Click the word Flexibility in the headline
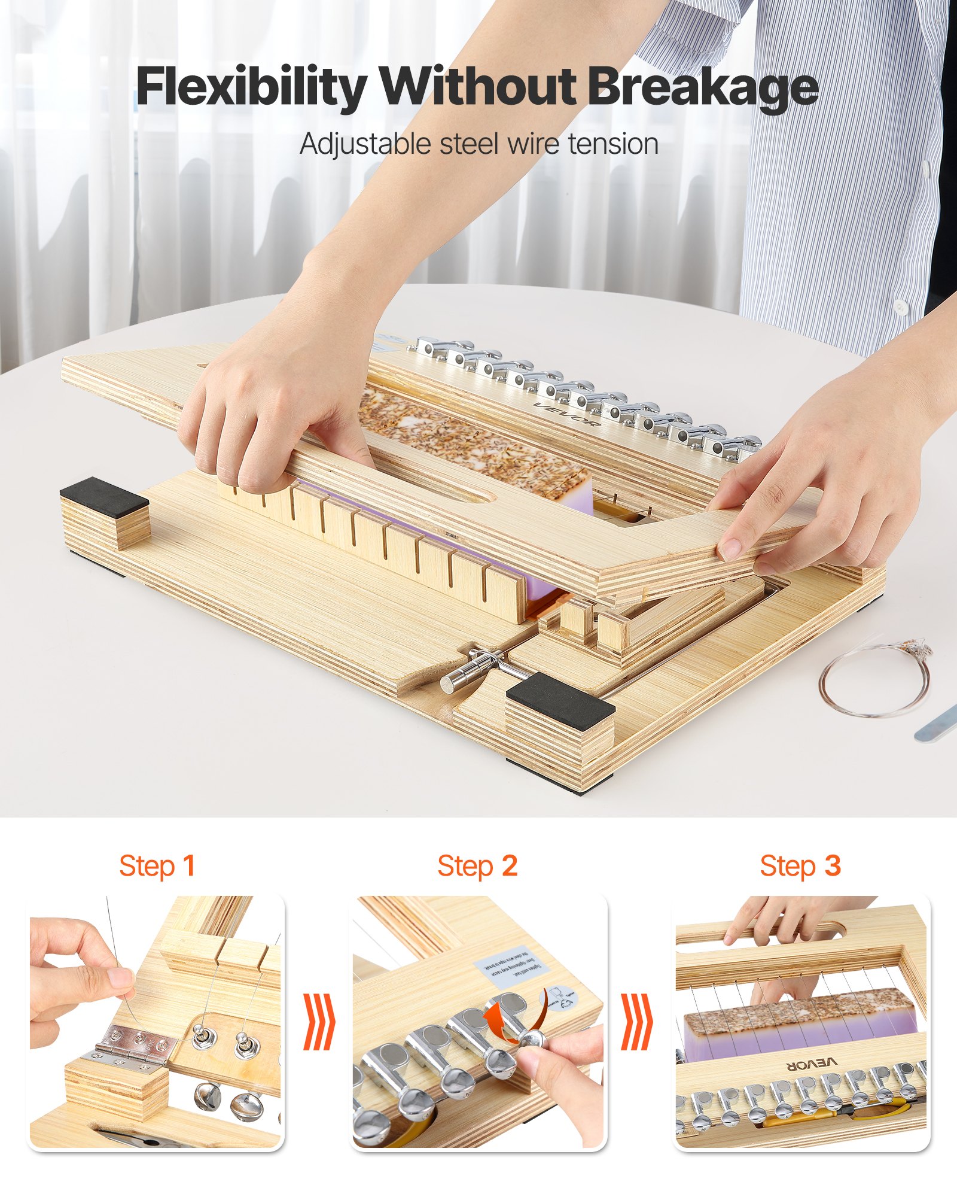[251, 87]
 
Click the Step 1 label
[157, 866]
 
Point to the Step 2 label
[477, 866]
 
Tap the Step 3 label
[800, 866]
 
